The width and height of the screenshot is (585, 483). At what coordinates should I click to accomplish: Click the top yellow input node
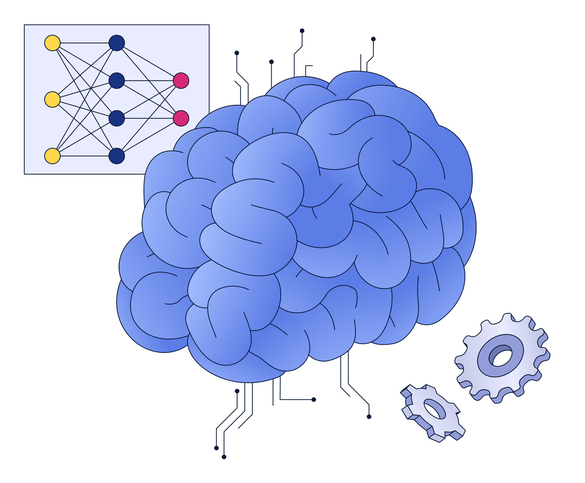52,43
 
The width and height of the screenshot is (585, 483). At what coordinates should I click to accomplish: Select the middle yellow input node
52,99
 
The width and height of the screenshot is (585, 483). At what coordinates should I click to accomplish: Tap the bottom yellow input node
52,156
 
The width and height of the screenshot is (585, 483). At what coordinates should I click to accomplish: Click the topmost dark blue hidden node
117,43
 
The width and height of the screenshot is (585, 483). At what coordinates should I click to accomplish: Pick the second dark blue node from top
117,81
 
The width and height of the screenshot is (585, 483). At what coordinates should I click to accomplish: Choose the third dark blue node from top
117,118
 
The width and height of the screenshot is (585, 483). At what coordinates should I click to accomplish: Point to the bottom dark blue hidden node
117,156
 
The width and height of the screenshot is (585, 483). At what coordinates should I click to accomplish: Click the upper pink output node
181,81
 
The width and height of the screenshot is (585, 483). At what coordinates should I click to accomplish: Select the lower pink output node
181,118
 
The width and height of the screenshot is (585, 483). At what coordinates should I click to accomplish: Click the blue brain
306,223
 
